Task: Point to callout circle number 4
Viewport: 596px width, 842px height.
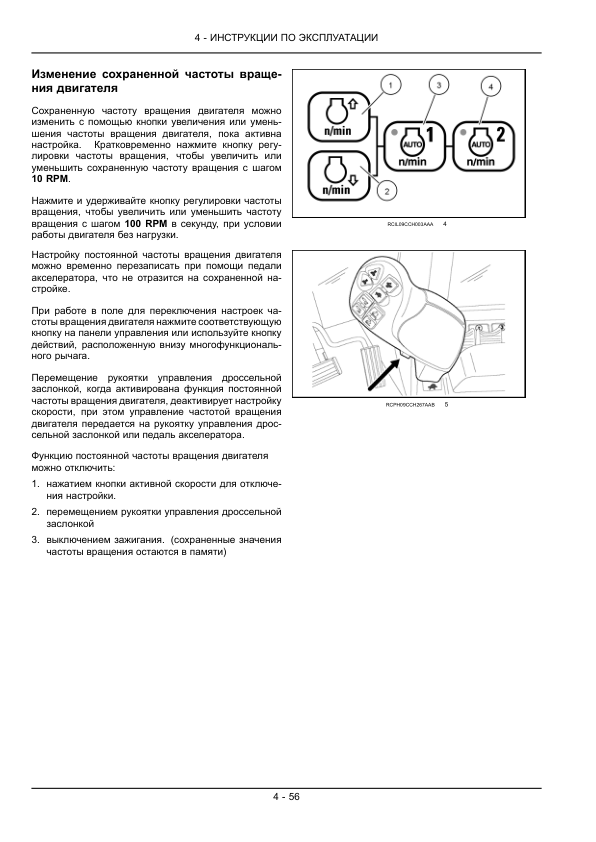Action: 489,87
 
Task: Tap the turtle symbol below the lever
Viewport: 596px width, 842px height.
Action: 431,386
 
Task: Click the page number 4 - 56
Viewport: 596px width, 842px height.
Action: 285,796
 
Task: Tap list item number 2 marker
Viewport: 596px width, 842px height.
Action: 35,511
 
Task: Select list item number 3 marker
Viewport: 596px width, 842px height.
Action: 35,539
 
